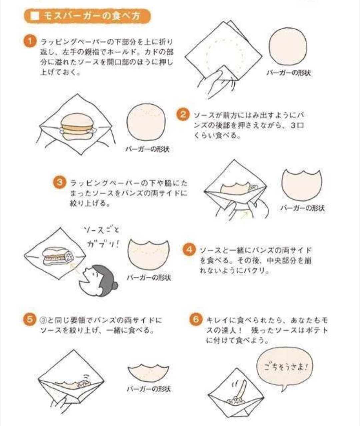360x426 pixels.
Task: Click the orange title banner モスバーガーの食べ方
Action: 87,16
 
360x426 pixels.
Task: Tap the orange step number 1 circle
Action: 30,41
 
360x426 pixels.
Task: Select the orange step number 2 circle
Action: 183,114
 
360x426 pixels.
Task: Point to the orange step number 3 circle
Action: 60,182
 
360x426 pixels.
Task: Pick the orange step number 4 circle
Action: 189,250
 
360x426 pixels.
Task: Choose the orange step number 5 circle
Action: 30,320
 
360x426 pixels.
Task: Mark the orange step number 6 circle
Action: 196,320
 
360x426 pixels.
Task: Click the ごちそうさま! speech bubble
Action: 285,367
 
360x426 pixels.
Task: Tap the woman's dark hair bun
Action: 115,286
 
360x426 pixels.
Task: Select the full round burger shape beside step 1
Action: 288,47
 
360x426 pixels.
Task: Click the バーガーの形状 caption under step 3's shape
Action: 302,208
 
